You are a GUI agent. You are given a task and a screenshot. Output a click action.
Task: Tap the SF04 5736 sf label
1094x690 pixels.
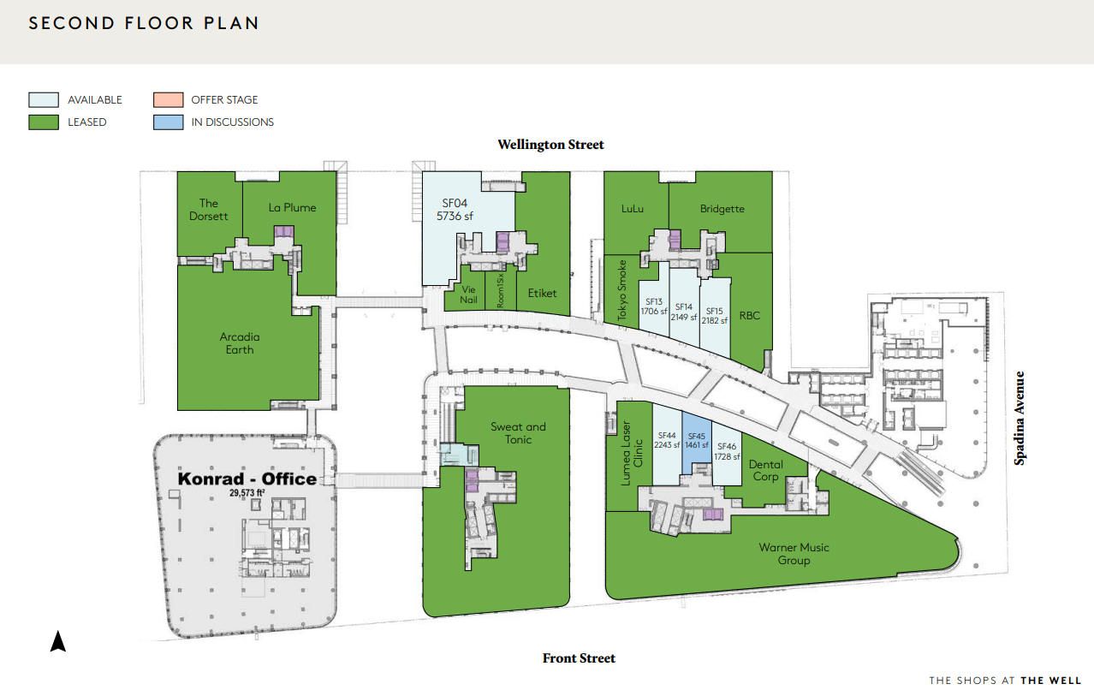[455, 210]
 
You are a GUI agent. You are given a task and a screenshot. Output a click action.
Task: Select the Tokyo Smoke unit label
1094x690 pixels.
[621, 290]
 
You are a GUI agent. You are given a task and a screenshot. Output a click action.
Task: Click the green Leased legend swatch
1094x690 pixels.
[44, 122]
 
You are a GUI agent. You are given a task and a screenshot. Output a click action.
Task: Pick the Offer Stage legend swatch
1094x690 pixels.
[169, 99]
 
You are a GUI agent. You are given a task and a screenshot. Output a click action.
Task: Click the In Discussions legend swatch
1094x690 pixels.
[169, 122]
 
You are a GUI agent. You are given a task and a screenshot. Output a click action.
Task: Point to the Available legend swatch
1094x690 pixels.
[44, 99]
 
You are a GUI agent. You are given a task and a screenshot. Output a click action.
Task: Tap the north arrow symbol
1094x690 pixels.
[57, 641]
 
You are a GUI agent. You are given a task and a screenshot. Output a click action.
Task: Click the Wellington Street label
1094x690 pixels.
[551, 145]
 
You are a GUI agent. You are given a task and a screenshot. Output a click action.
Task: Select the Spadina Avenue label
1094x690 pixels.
[1020, 418]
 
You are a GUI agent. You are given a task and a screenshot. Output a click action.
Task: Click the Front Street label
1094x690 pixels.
[579, 658]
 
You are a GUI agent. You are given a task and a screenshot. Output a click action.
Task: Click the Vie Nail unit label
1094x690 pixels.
[468, 294]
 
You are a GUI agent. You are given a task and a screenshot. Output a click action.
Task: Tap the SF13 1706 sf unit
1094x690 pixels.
[654, 306]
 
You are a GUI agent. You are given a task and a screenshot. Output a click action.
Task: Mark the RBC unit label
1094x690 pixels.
[750, 315]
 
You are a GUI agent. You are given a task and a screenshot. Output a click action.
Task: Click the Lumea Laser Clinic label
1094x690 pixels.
[632, 454]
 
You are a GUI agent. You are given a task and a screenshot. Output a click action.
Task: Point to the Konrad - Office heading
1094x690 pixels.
[247, 479]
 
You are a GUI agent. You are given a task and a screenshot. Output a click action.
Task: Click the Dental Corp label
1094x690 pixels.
[766, 470]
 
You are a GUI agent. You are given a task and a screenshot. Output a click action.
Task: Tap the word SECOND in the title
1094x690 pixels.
[72, 23]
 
